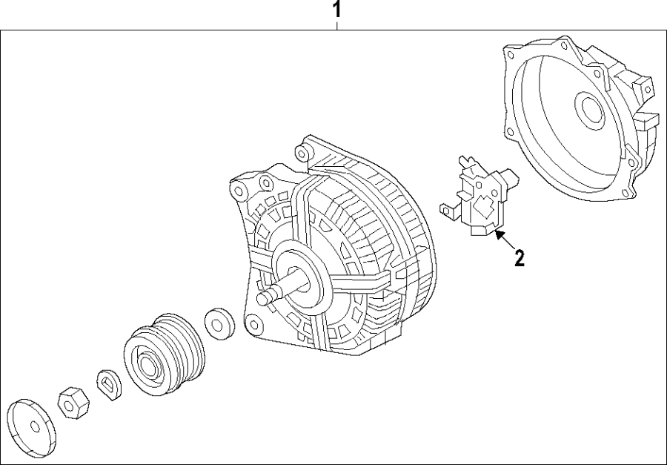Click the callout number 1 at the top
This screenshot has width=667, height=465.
pyautogui.click(x=337, y=10)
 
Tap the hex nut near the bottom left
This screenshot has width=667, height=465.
pyautogui.click(x=73, y=401)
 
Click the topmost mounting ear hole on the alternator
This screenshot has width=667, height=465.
pyautogui.click(x=301, y=154)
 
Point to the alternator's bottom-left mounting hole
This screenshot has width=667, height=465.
pyautogui.click(x=254, y=324)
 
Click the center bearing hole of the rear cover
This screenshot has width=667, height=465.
pyautogui.click(x=590, y=110)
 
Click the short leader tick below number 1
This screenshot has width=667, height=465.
pyautogui.click(x=337, y=26)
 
